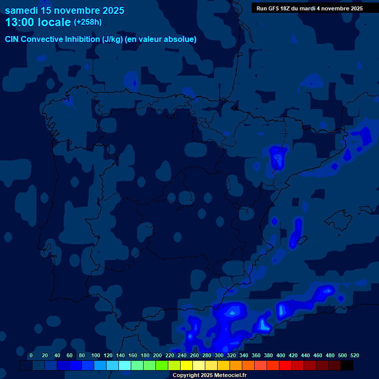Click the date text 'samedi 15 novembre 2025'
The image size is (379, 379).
coord(64,10)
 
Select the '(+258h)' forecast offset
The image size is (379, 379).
coord(88,22)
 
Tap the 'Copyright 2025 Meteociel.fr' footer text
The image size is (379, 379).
coord(209,375)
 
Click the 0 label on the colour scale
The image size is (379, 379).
coord(31,355)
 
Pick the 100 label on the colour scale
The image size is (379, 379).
coord(95,355)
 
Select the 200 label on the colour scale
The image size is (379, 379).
coord(157,355)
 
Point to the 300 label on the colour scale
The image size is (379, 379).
coord(219,355)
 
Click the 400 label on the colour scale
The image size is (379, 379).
coord(281,355)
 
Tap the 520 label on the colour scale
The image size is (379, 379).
coord(354,355)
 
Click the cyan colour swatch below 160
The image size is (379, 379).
coord(125,366)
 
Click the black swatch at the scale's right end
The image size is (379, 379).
coord(347,366)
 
